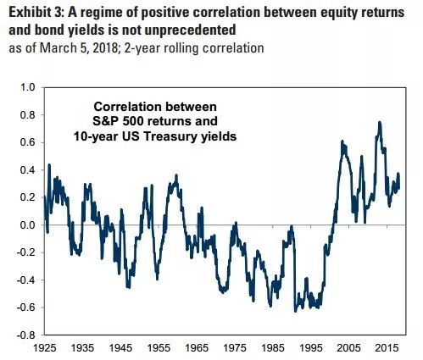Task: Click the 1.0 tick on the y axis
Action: (x=28, y=87)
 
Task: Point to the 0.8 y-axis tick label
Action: (x=28, y=115)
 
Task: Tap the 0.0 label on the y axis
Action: (x=28, y=225)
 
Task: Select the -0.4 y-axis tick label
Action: (x=26, y=280)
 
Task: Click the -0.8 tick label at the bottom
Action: (x=26, y=335)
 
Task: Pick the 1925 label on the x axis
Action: (x=44, y=348)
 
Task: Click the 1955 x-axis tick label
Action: (x=159, y=348)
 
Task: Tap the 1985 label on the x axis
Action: (x=273, y=348)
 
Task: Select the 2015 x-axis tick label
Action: (x=387, y=348)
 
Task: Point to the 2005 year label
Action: (x=348, y=348)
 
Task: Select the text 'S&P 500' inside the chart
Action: (x=117, y=121)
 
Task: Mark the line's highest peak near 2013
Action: (x=380, y=122)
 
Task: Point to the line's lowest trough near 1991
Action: (x=296, y=311)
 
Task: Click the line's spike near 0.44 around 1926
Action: (x=49, y=164)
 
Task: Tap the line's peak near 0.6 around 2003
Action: (x=342, y=141)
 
